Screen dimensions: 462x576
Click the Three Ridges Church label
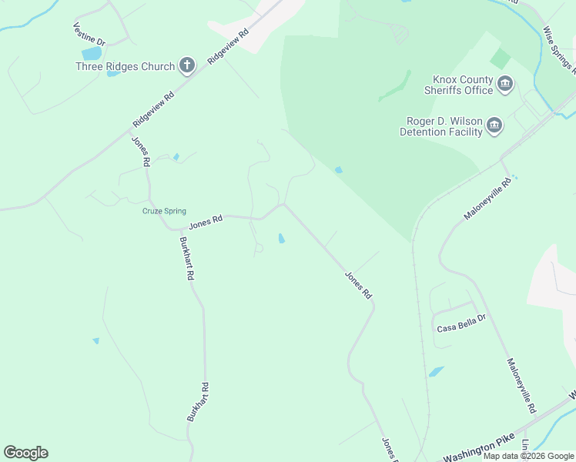coord(125,66)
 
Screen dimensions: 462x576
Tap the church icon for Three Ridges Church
coord(187,66)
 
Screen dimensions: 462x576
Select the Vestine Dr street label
coord(89,34)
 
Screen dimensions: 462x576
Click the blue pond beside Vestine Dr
coord(92,54)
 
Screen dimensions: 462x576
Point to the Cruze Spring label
coord(164,211)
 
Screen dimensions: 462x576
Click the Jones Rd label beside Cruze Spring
coord(206,222)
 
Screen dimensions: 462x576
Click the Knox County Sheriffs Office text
coord(463,85)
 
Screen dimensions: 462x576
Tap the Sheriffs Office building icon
coord(505,84)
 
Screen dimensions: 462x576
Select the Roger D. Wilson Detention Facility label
coord(441,126)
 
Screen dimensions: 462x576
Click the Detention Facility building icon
coord(494,126)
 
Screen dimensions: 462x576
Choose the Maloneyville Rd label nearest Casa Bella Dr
coord(521,385)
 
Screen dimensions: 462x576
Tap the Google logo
coord(25,453)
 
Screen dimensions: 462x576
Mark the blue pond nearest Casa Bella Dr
coord(437,372)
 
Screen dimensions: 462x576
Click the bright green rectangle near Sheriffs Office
coord(501,59)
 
